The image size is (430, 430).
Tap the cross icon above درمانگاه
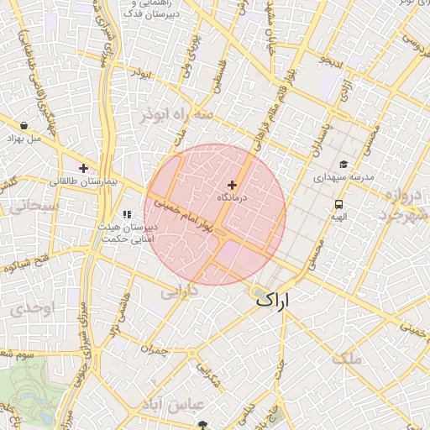coord(232,184)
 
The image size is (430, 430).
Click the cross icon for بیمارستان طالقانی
coord(83,168)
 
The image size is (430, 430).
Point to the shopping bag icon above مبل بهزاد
coord(24,125)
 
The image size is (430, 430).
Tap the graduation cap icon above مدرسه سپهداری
coord(343,165)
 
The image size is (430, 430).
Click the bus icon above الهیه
coord(338,203)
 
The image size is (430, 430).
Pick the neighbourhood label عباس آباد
coord(174,404)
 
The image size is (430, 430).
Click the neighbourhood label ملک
coord(346,359)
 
